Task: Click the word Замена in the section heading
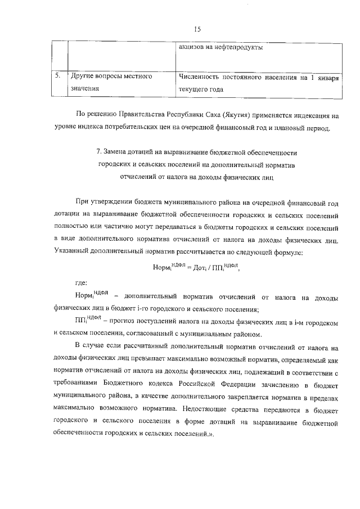click(x=118, y=153)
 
